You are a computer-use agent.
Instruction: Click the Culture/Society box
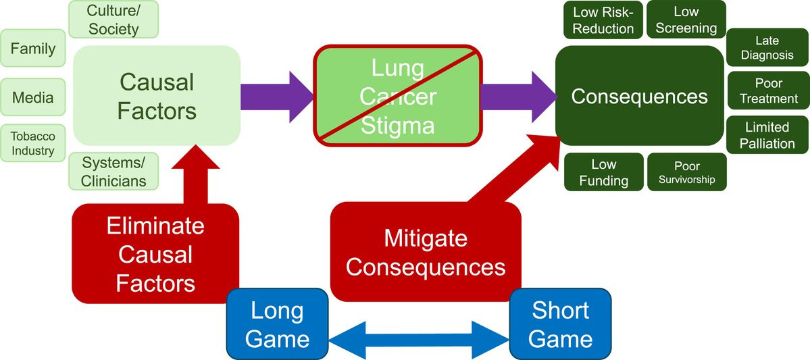click(113, 20)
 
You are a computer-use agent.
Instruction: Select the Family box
click(33, 49)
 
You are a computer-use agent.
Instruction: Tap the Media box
click(32, 97)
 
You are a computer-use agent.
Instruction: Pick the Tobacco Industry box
click(32, 143)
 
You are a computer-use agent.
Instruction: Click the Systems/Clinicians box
click(113, 171)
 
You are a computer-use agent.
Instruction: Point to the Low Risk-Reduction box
click(603, 20)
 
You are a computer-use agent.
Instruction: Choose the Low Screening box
click(686, 20)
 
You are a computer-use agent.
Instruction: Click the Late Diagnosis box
click(767, 48)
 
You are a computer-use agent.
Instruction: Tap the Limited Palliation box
click(767, 134)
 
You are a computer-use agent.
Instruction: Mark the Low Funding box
click(603, 172)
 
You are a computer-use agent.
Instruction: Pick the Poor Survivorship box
click(686, 172)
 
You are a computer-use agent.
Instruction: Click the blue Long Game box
click(277, 325)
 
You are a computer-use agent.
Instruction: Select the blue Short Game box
click(560, 325)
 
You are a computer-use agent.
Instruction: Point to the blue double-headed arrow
click(419, 339)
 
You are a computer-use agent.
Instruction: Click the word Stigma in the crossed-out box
click(397, 126)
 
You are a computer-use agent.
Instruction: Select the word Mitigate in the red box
click(425, 238)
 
